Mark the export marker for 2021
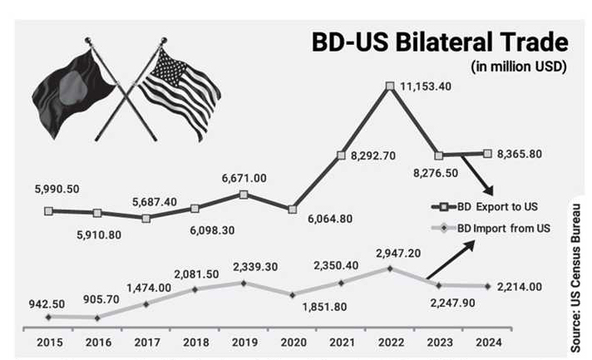[341, 155]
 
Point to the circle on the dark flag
[73, 87]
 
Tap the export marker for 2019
[243, 195]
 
